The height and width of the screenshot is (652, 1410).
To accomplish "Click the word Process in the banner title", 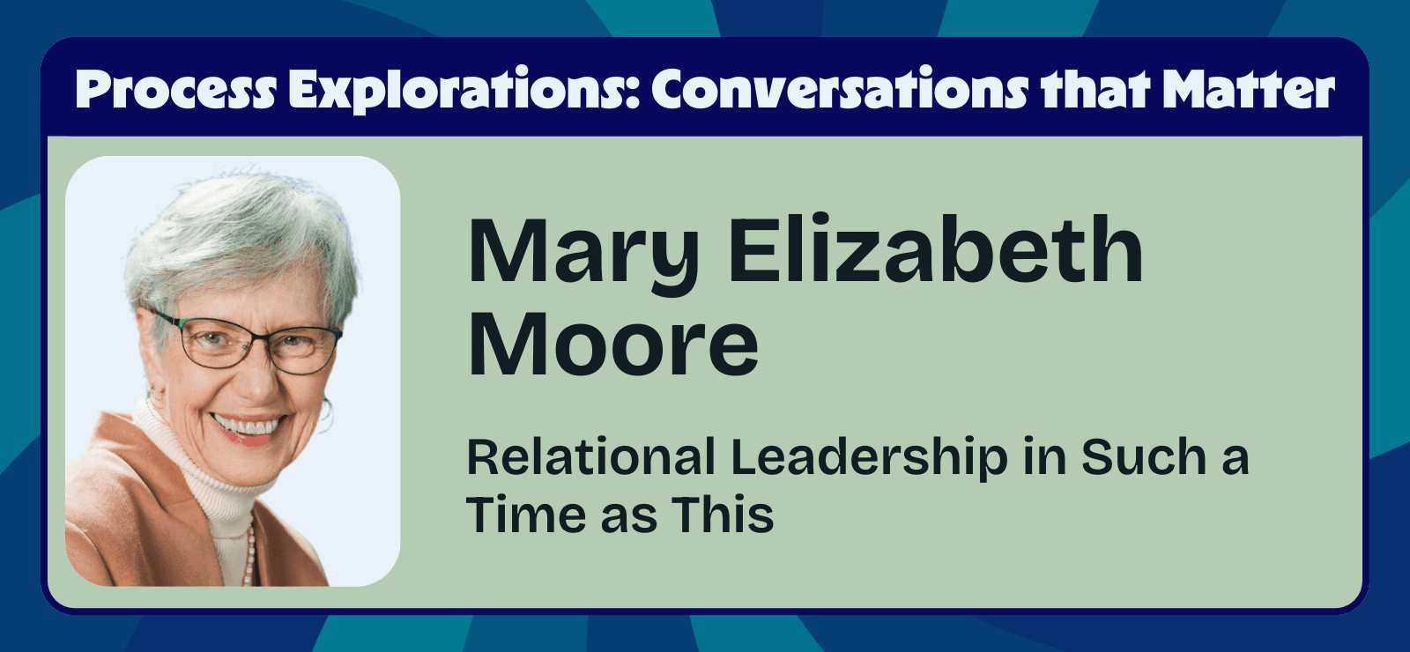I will tap(175, 90).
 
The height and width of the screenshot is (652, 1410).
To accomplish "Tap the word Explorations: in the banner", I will tap(464, 90).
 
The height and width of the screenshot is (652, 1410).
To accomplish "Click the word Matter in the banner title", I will tap(1248, 90).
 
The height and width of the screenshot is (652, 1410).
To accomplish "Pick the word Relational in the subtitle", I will tap(590, 457).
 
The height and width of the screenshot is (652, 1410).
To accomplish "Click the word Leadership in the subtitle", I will tap(869, 459).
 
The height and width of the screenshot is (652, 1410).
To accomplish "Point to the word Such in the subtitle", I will tap(1143, 457).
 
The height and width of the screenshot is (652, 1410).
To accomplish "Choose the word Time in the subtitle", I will tap(524, 515).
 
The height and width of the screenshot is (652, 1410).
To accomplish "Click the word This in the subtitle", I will tap(723, 515).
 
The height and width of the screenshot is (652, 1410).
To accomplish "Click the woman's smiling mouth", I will tap(249, 427).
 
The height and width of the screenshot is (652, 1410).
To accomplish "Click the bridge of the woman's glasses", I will tap(264, 339).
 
